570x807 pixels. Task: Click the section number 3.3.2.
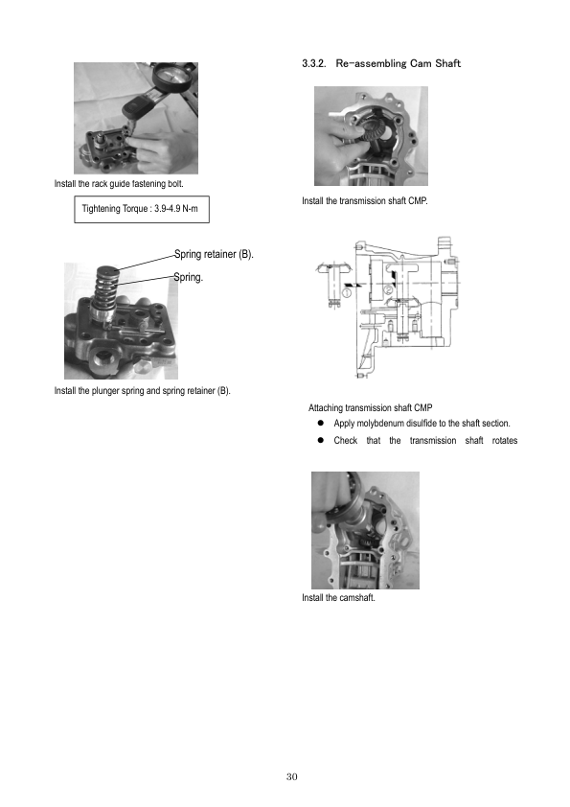point(314,63)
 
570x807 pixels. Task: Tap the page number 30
point(291,776)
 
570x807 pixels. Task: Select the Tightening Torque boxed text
point(140,208)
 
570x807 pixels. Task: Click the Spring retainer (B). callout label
point(214,254)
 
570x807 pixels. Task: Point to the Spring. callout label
point(189,277)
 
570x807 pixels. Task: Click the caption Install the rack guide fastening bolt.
point(119,184)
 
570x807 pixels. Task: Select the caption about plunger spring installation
point(143,391)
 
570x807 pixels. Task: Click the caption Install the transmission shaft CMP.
point(365,200)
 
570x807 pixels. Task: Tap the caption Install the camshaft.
point(338,597)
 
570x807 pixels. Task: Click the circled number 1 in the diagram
point(347,292)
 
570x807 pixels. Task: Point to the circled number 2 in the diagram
point(389,289)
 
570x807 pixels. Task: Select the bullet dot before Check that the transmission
point(321,440)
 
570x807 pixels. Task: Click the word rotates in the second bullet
point(505,441)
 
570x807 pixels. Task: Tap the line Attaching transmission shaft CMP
point(371,407)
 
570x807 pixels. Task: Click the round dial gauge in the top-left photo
point(172,76)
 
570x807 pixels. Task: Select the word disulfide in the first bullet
point(422,423)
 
